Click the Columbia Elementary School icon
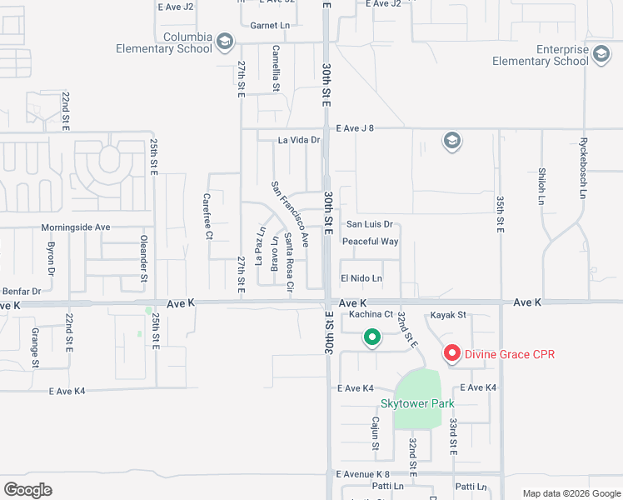[224, 41]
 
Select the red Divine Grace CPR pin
[452, 354]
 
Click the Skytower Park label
[416, 403]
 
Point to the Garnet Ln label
[270, 26]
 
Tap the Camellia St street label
[276, 67]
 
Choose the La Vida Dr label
[299, 140]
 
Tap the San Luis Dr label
[369, 224]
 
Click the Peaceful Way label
[371, 242]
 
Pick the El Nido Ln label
[361, 278]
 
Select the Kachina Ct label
[371, 315]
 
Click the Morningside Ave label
[76, 227]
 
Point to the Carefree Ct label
[207, 217]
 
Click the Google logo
[27, 490]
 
